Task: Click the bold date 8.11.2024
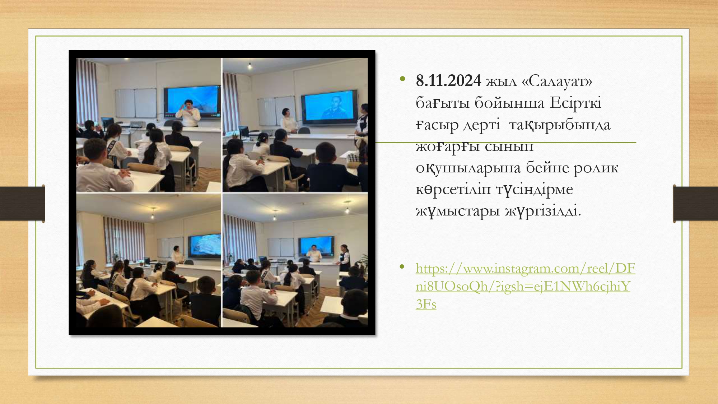click(x=448, y=81)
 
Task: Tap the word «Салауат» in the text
click(x=557, y=81)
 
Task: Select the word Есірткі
click(x=575, y=103)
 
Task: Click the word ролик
click(x=596, y=168)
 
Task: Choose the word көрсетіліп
click(x=453, y=189)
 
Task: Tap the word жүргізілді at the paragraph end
click(x=543, y=211)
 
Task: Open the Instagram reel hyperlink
click(x=525, y=286)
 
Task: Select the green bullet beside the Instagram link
click(x=402, y=266)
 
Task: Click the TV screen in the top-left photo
click(x=192, y=101)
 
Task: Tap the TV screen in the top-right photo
click(x=330, y=107)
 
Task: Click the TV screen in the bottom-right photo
click(x=316, y=246)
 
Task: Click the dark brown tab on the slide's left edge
click(x=22, y=203)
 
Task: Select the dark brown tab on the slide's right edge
click(x=695, y=203)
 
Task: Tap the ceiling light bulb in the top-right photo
click(x=250, y=66)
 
